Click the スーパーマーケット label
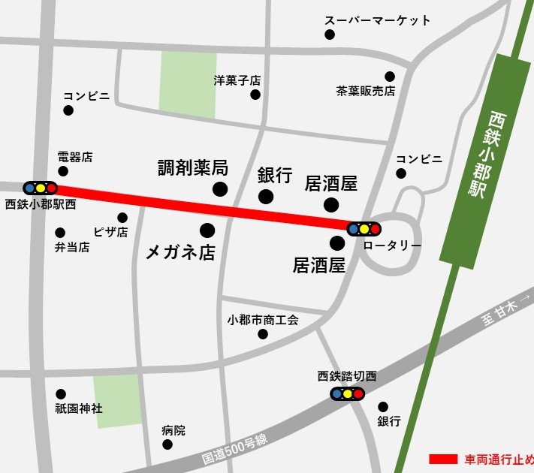pyautogui.click(x=377, y=20)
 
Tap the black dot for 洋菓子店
pyautogui.click(x=255, y=95)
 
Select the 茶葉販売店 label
pyautogui.click(x=365, y=91)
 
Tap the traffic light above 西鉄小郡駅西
pyautogui.click(x=40, y=188)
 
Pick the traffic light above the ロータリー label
pyautogui.click(x=364, y=228)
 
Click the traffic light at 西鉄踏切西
pyautogui.click(x=348, y=393)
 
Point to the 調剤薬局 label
pyautogui.click(x=192, y=168)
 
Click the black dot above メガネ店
pyautogui.click(x=207, y=229)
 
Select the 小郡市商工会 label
pyautogui.click(x=263, y=319)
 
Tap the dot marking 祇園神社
pyautogui.click(x=61, y=394)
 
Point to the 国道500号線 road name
pyautogui.click(x=235, y=446)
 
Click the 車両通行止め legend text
pyautogui.click(x=499, y=459)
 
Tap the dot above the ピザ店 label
pyautogui.click(x=122, y=218)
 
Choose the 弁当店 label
pyautogui.click(x=72, y=247)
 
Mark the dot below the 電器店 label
pyautogui.click(x=63, y=172)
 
